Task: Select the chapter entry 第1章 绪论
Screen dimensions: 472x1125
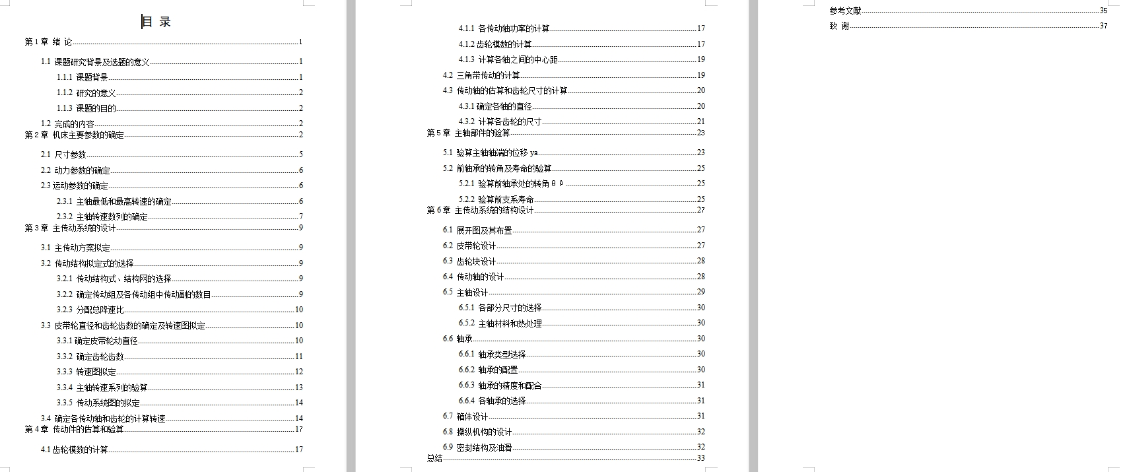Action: tap(49, 42)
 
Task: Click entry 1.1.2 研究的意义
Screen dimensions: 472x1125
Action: tap(86, 93)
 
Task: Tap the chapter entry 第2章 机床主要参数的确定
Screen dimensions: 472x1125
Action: tap(75, 135)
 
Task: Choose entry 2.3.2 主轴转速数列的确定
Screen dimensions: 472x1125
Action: tap(102, 217)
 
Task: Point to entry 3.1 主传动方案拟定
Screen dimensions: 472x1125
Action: tap(75, 248)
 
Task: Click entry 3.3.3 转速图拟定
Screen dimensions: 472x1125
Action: tap(86, 372)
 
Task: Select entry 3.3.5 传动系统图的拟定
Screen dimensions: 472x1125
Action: tap(98, 403)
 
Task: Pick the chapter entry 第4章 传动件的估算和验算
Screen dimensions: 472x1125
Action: tap(75, 429)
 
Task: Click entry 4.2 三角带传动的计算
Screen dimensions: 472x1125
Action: tap(481, 75)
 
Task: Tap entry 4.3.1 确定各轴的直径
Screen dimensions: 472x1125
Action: tap(495, 106)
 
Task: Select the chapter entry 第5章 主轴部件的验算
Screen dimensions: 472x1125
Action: tap(469, 133)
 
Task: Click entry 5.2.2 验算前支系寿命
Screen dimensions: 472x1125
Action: tap(496, 199)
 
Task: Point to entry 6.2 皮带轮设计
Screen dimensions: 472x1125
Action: tap(469, 246)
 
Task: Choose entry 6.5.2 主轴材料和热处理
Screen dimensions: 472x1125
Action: tap(500, 323)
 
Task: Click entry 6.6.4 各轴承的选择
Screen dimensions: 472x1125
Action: tap(493, 401)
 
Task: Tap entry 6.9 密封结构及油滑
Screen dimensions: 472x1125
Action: tap(477, 448)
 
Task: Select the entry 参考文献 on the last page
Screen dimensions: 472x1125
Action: tap(846, 11)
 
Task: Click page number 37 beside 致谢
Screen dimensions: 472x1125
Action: tap(1103, 26)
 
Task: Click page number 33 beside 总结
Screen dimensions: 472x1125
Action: tap(700, 458)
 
